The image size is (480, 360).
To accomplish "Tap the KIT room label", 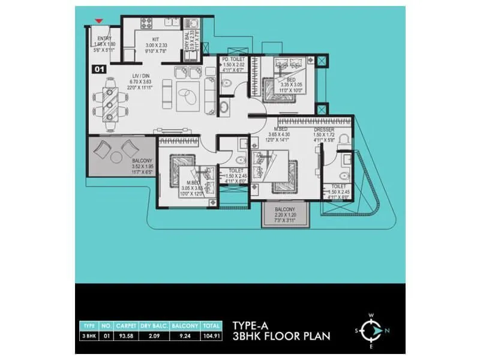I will [155, 40].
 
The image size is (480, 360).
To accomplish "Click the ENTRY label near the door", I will [104, 38].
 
